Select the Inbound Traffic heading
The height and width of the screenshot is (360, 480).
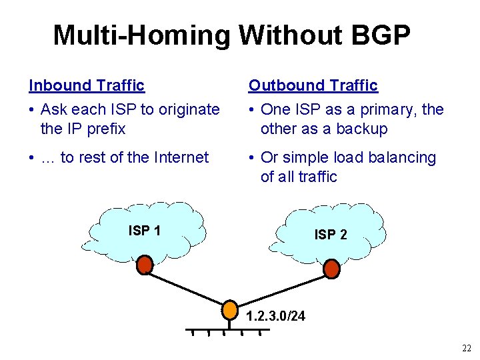[x=87, y=85]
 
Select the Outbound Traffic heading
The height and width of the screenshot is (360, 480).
[x=313, y=85]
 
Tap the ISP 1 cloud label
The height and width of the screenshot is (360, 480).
[x=144, y=231]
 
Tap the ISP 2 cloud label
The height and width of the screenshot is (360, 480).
[x=331, y=235]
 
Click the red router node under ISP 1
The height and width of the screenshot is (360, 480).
[x=145, y=265]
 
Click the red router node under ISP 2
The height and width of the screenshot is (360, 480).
[x=331, y=269]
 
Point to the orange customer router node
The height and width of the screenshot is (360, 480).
[x=229, y=310]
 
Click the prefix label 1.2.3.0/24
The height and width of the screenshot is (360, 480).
[x=275, y=316]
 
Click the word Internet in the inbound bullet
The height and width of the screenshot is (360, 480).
[x=181, y=157]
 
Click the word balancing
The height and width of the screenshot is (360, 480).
[x=403, y=157]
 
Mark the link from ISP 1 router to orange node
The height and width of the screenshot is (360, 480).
[x=187, y=287]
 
